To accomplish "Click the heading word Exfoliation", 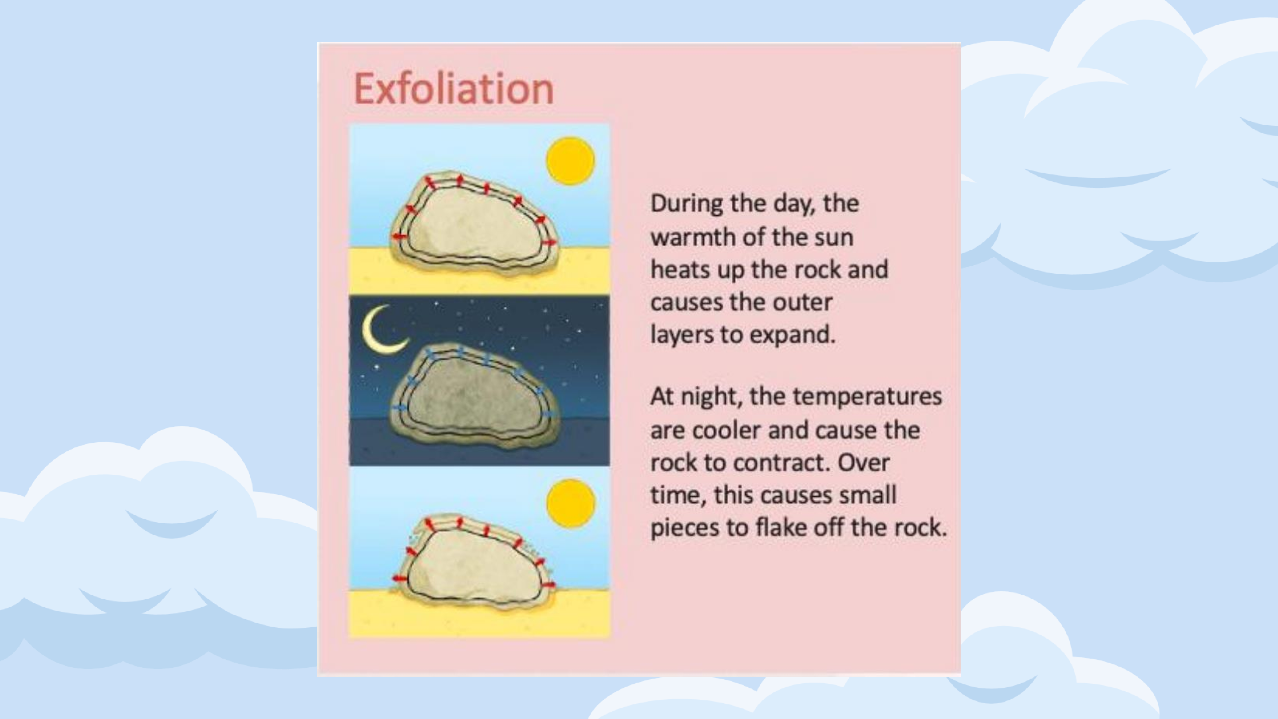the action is (x=454, y=89).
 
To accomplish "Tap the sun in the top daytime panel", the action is (x=571, y=161).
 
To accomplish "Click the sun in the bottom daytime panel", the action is (x=571, y=503).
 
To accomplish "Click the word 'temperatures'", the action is (x=867, y=397).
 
